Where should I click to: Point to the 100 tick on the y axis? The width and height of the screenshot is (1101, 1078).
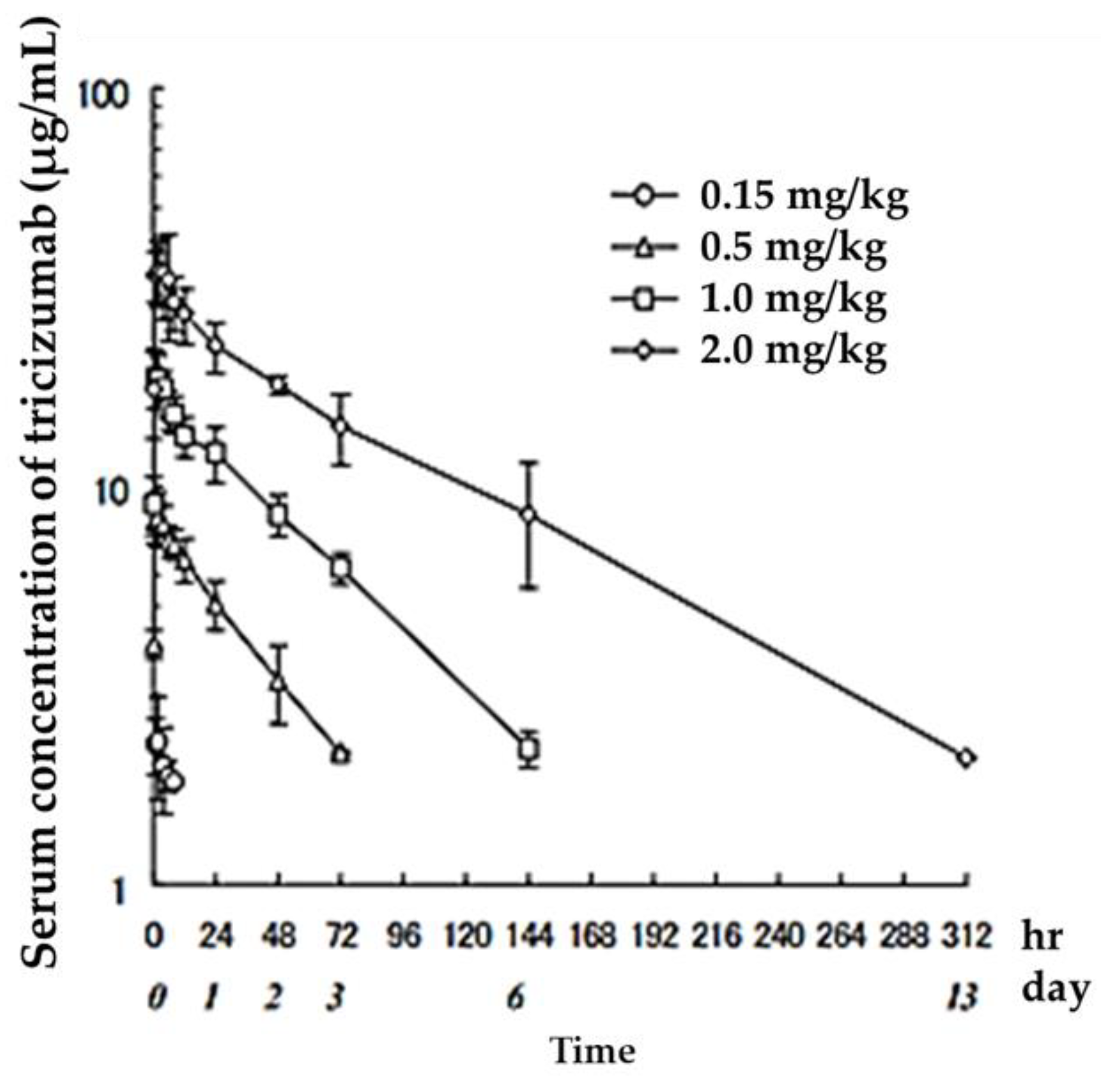click(x=104, y=96)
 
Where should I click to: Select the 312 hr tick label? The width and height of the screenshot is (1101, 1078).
click(x=966, y=935)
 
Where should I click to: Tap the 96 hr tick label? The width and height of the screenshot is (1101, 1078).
click(x=404, y=935)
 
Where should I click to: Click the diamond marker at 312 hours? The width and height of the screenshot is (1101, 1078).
click(x=966, y=758)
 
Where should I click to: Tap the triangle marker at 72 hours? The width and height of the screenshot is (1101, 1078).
click(x=340, y=754)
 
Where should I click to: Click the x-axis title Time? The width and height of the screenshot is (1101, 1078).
click(x=594, y=1051)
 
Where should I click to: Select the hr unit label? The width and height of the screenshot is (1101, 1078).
click(x=1042, y=935)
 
